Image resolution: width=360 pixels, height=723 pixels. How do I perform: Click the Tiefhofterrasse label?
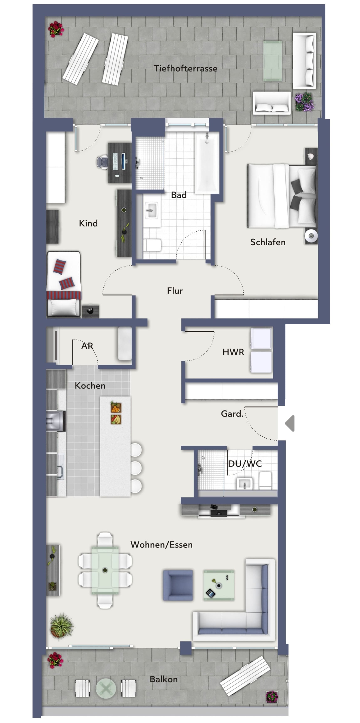pyautogui.click(x=185, y=68)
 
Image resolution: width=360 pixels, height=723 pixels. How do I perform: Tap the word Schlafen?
pyautogui.click(x=268, y=242)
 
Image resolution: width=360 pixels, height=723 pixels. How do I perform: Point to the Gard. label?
pyautogui.click(x=232, y=413)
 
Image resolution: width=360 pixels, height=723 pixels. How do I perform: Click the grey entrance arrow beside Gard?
pyautogui.click(x=290, y=423)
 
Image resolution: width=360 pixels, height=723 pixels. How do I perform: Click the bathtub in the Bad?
pyautogui.click(x=207, y=163)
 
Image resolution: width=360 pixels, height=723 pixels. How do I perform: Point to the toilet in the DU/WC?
pyautogui.click(x=265, y=479)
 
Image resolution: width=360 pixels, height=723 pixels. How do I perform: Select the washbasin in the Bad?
pyautogui.click(x=151, y=210)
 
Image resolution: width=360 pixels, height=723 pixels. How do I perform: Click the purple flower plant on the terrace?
pyautogui.click(x=304, y=102)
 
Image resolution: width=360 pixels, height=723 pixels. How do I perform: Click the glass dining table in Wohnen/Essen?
pyautogui.click(x=105, y=570)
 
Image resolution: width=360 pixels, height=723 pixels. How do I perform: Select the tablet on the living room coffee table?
pyautogui.click(x=211, y=593)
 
